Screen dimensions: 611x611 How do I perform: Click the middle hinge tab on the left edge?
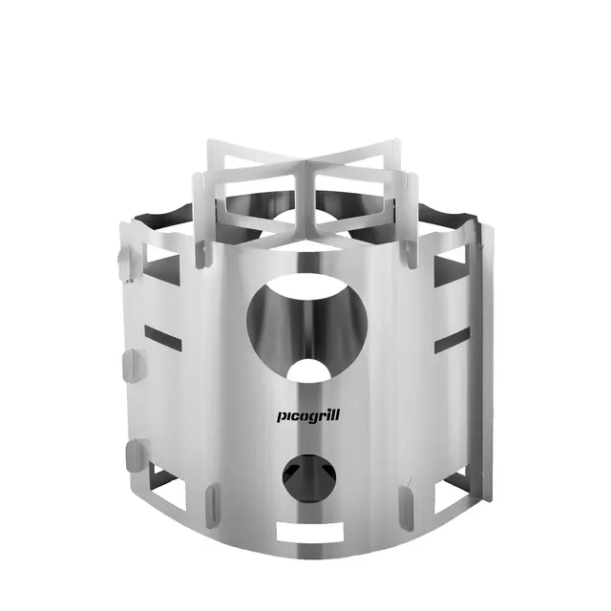(x=130, y=364)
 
